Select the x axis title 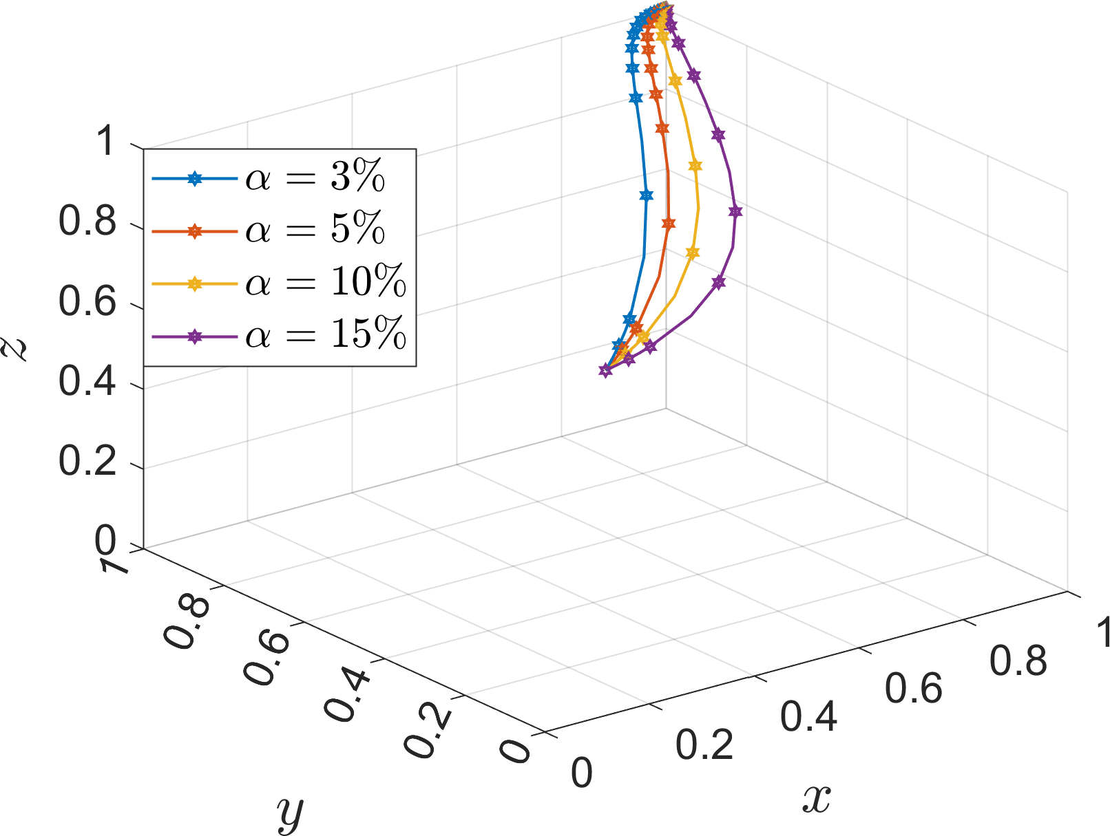(x=816, y=798)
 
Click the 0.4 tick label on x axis (x=808, y=716)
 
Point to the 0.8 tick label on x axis (x=1018, y=661)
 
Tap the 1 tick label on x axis (x=1102, y=632)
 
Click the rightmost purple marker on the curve (x=735, y=212)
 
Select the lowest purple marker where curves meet (x=605, y=371)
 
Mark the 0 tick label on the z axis (x=105, y=542)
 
